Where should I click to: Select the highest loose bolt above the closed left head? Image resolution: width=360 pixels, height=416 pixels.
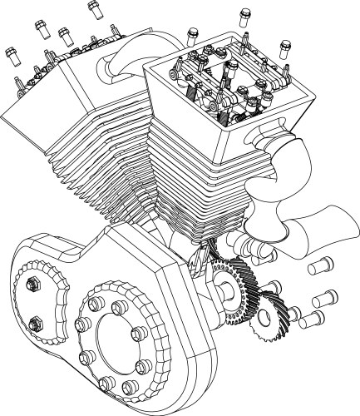pos(91,8)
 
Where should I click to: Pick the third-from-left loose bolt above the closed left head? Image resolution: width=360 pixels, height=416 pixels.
pos(65,35)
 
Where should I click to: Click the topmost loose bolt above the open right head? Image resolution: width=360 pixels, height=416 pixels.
pos(244,14)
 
